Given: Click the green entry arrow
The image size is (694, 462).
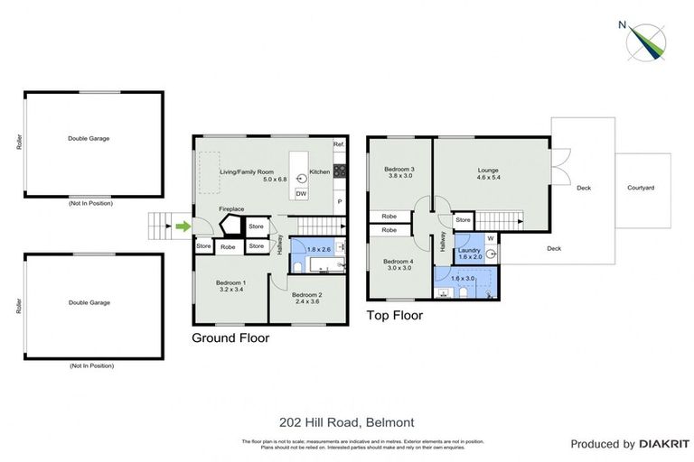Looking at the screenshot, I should pyautogui.click(x=182, y=226).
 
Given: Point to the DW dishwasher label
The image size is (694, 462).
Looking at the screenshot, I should pyautogui.click(x=301, y=194).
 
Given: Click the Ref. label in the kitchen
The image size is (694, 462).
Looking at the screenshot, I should pyautogui.click(x=339, y=145).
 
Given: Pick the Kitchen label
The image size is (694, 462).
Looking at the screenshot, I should pyautogui.click(x=320, y=171).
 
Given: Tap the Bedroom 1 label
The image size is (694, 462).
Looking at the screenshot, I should pyautogui.click(x=230, y=283).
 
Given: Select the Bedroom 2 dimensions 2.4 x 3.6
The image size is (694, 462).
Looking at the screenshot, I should pyautogui.click(x=308, y=302).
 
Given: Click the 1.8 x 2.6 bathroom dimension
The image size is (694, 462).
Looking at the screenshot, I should pyautogui.click(x=318, y=249).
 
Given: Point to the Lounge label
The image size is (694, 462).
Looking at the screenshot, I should pyautogui.click(x=488, y=170).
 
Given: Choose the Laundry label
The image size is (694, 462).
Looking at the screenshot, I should pyautogui.click(x=469, y=250).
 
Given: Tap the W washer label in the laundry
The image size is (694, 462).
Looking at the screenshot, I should pyautogui.click(x=489, y=238).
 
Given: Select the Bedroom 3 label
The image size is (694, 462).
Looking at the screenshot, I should pyautogui.click(x=399, y=170).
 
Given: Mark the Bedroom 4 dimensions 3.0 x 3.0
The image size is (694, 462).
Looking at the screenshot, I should pyautogui.click(x=399, y=268).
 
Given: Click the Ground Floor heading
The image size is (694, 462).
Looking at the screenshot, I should pyautogui.click(x=230, y=338).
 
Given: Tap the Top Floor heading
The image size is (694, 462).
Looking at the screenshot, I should pyautogui.click(x=394, y=316).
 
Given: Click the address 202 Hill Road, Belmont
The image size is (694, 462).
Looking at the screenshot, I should pyautogui.click(x=347, y=421).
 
